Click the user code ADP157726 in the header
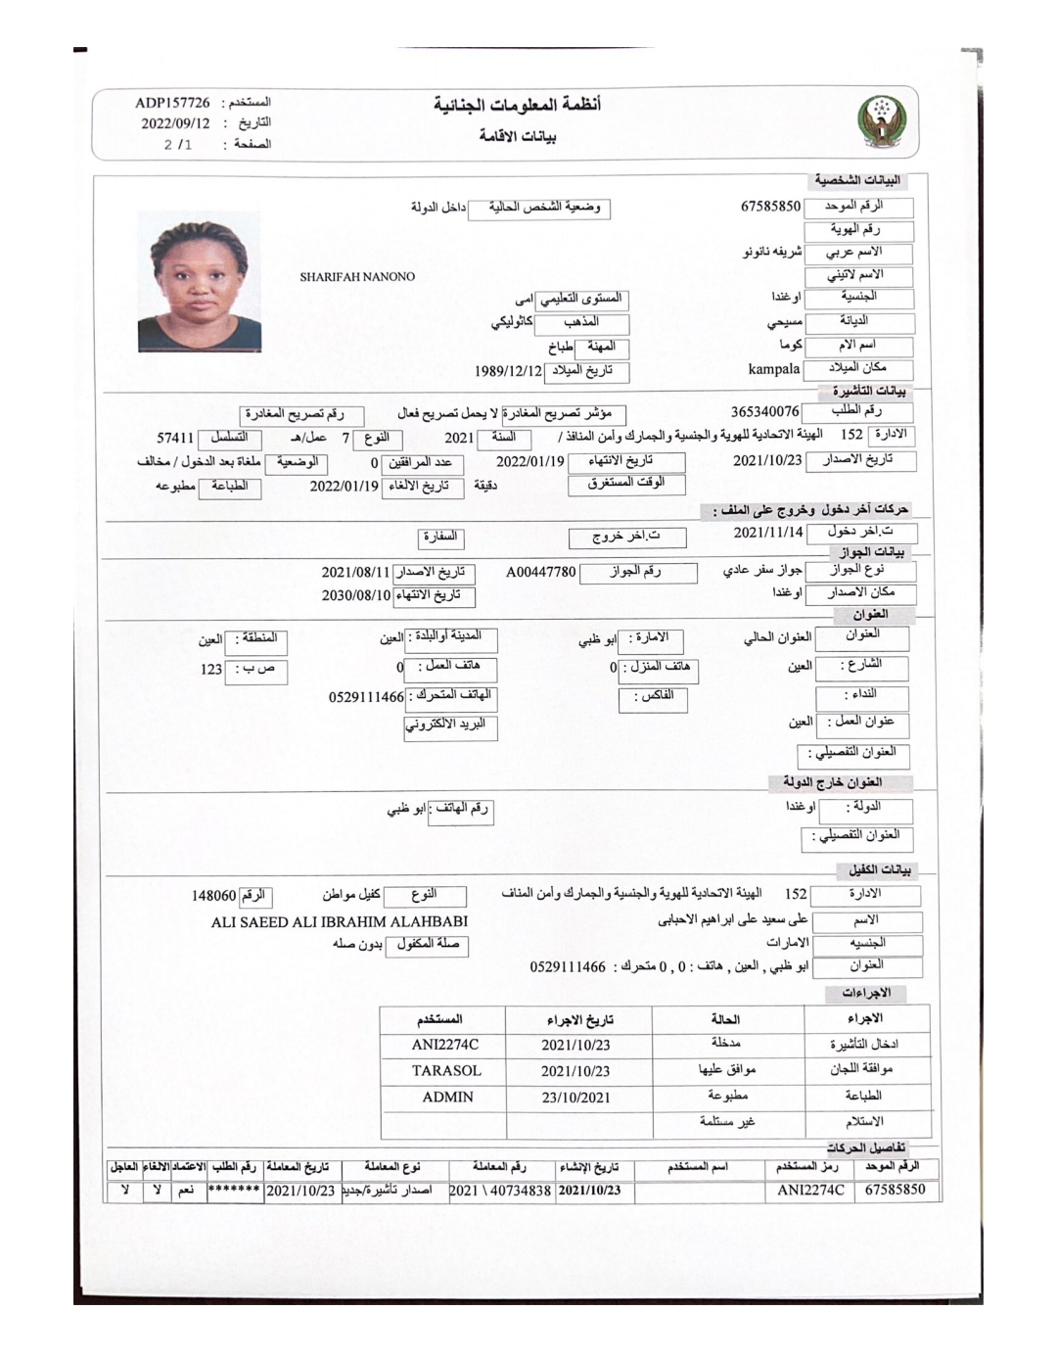click(x=172, y=103)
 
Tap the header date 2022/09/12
click(x=175, y=123)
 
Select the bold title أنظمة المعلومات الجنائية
click(x=518, y=105)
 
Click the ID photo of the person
click(x=200, y=281)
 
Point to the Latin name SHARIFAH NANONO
click(x=357, y=277)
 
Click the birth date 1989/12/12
click(x=508, y=371)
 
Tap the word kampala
click(x=774, y=369)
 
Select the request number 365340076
click(x=764, y=412)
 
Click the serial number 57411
click(x=176, y=438)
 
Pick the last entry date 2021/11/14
click(x=768, y=532)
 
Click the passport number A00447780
click(x=541, y=571)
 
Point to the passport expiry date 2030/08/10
click(x=356, y=594)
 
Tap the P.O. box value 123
click(x=211, y=670)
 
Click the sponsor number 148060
click(x=213, y=895)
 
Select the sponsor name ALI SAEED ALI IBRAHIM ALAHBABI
click(x=340, y=921)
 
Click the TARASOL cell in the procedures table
click(x=446, y=1071)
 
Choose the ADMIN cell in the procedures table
click(x=447, y=1098)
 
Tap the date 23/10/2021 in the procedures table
click(x=575, y=1098)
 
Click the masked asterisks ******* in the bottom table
click(x=234, y=1191)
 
